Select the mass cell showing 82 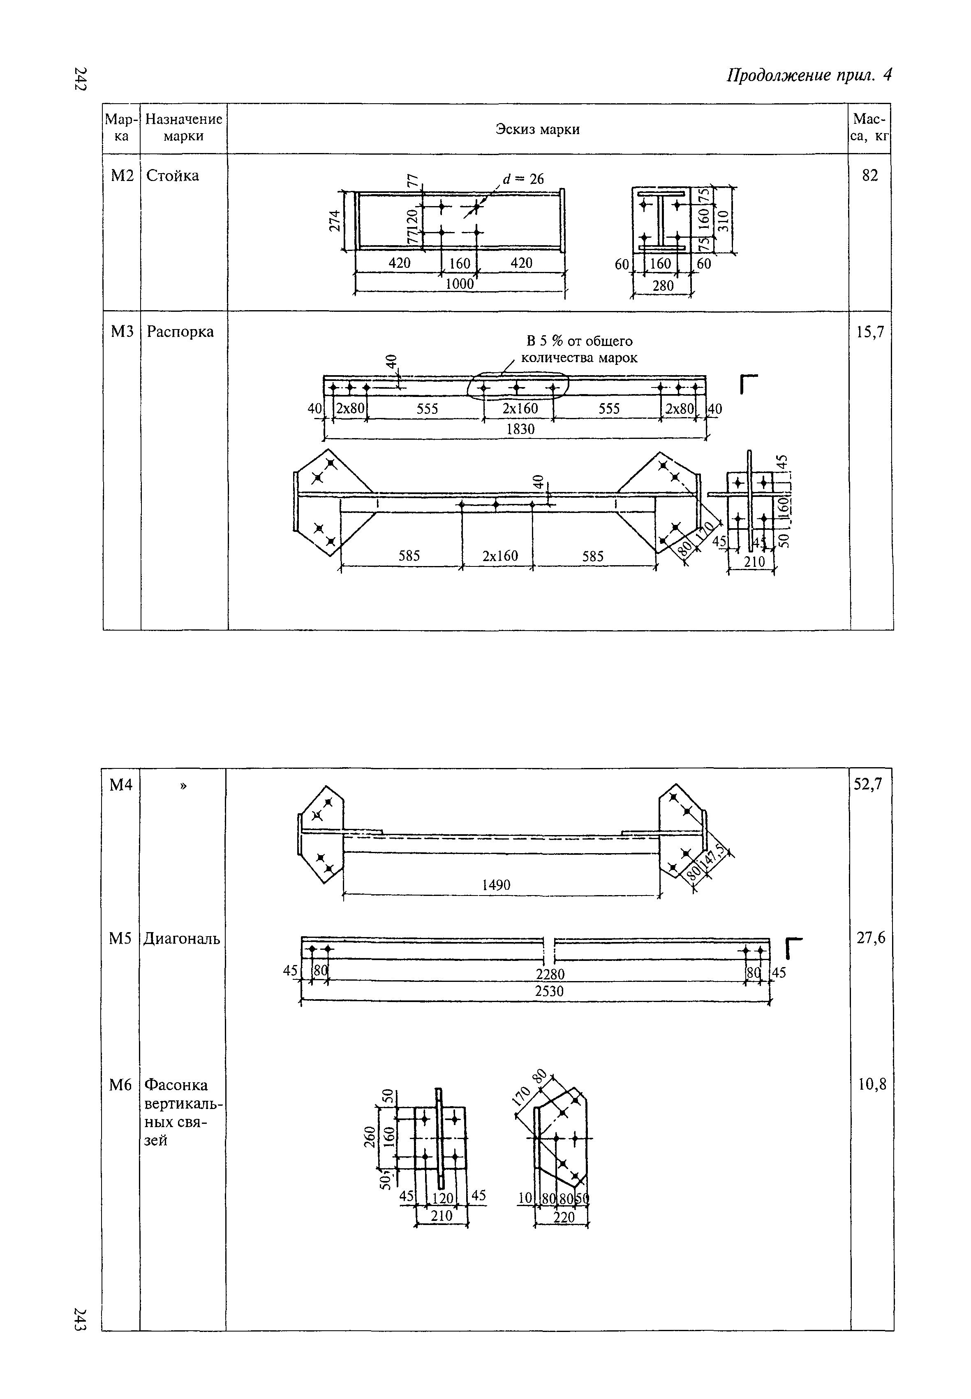click(869, 175)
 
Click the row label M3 click(122, 332)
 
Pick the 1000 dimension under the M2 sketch click(459, 284)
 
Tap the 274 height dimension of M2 click(334, 220)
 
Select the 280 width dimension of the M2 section click(663, 285)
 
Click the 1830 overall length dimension click(520, 429)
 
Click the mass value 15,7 click(870, 332)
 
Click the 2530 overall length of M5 click(549, 991)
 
